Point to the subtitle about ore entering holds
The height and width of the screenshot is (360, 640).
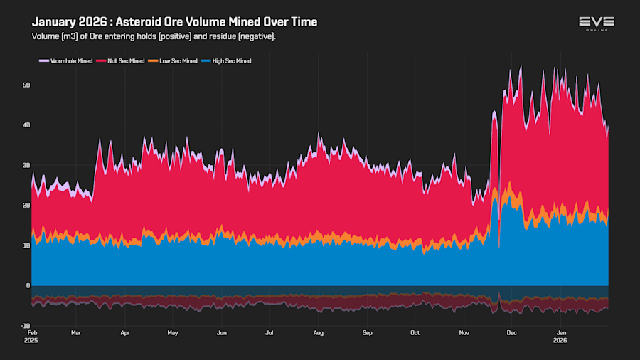point(153,36)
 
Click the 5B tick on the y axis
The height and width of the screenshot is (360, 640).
point(26,85)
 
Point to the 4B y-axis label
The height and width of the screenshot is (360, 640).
point(26,125)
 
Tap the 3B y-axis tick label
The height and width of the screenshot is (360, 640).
point(26,165)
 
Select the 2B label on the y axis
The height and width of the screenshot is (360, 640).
point(26,206)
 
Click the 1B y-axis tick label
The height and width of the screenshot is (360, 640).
point(26,245)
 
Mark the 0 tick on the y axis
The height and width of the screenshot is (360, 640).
point(28,286)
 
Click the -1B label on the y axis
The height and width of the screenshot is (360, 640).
point(25,326)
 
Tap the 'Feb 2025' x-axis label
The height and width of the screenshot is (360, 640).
point(32,336)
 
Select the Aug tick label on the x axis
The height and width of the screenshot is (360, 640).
point(319,332)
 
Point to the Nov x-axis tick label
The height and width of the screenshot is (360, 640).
point(464,332)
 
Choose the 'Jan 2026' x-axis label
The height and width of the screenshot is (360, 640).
point(561,336)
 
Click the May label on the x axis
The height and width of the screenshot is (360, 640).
point(172,332)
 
